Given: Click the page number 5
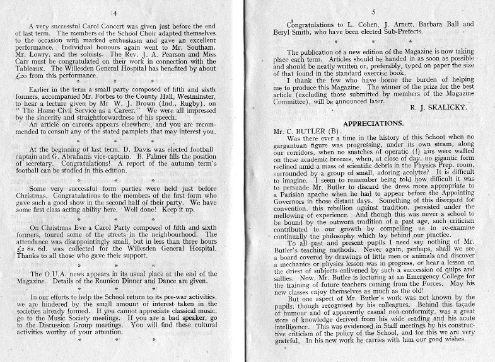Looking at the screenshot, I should click(374, 11).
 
